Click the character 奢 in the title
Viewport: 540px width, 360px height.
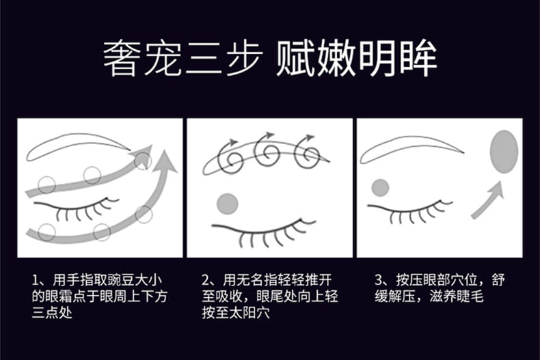pos(122,59)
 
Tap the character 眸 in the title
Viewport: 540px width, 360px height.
pos(418,59)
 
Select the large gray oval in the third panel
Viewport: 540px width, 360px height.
pos(504,152)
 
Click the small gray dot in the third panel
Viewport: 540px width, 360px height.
pos(380,188)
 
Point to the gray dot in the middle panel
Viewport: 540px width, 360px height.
pos(228,204)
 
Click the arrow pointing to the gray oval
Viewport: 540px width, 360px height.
pos(488,201)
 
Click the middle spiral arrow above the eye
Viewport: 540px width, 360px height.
pos(267,151)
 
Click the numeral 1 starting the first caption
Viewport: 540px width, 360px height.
pos(35,280)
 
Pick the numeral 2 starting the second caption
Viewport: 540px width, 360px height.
pos(206,280)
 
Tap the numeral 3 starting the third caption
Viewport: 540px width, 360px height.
pos(379,280)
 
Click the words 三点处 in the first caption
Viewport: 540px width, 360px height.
pos(52,313)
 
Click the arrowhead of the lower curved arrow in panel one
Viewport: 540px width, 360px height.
pos(165,161)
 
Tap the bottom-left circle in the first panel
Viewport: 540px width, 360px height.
pos(46,232)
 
